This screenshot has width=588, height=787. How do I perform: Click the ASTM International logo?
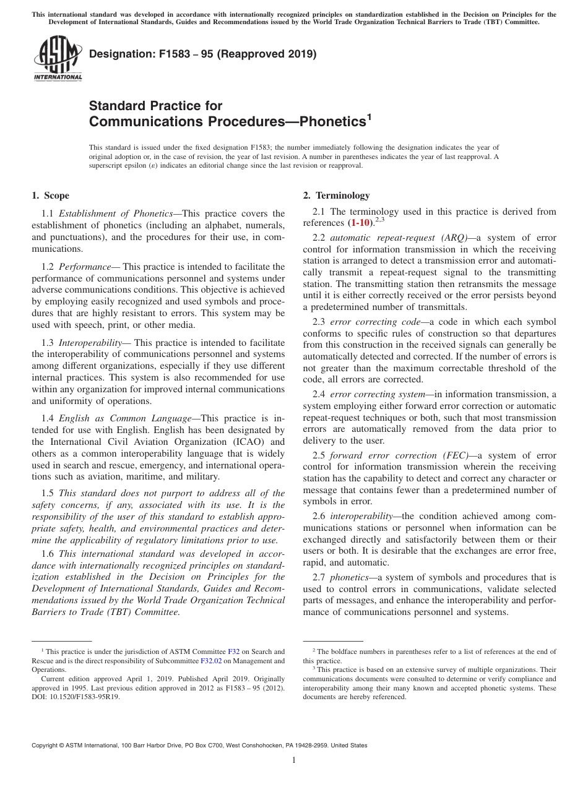click(58, 59)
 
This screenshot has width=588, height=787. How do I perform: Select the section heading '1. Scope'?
click(50, 196)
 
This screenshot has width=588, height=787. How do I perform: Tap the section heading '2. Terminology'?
click(336, 196)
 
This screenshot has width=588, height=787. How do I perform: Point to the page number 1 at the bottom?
click(294, 760)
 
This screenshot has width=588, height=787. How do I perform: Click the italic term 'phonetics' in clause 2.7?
click(349, 577)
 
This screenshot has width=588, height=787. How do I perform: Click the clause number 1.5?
click(48, 493)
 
